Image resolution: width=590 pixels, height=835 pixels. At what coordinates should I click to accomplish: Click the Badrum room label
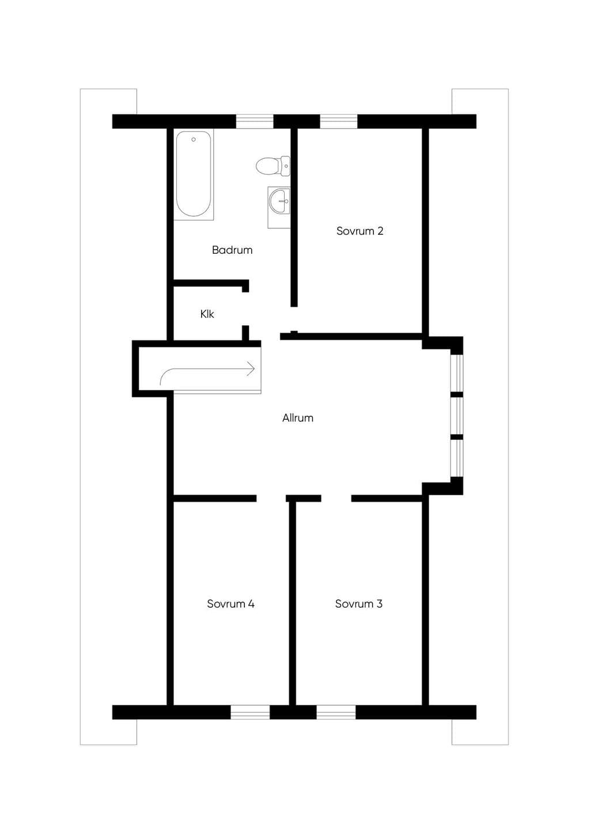(232, 250)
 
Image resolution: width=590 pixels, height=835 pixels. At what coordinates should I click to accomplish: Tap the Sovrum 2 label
(360, 231)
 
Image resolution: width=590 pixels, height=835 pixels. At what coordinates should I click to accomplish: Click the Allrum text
(298, 418)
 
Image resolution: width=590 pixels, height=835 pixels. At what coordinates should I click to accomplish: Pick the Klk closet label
(207, 314)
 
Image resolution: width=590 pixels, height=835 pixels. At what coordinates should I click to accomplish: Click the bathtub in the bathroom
(194, 175)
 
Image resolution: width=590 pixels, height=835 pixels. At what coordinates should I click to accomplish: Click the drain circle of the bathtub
(194, 140)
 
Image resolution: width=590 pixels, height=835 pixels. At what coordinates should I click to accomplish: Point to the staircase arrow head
(251, 369)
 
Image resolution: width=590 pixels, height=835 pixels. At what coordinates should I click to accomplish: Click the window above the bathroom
(255, 122)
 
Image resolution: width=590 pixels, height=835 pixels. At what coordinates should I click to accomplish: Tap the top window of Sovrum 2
(339, 122)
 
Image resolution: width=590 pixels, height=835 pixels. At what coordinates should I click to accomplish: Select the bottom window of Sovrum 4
(250, 712)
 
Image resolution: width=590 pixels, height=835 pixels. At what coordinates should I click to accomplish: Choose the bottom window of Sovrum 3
(336, 712)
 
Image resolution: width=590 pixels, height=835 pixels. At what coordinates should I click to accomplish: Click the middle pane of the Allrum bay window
(457, 416)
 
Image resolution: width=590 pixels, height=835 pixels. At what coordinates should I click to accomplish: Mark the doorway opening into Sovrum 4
(271, 498)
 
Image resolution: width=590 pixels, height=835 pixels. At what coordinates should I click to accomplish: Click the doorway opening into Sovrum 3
(336, 498)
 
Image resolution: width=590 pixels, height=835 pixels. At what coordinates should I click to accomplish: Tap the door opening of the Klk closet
(245, 309)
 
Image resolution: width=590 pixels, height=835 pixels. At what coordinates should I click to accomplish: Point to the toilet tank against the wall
(286, 166)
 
